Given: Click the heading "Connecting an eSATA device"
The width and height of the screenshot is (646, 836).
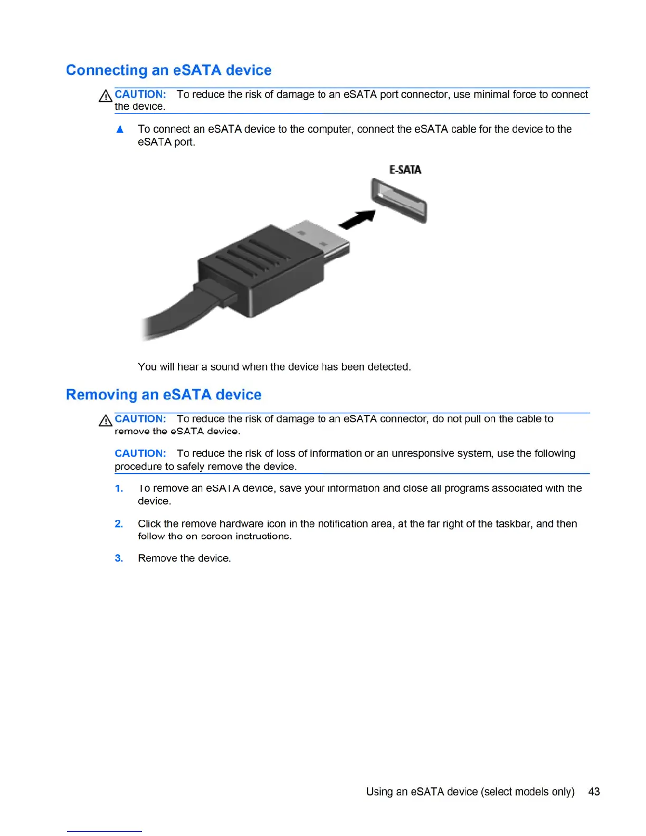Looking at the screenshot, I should click(168, 70).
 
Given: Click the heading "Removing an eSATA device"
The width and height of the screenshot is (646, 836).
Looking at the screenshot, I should click(164, 395).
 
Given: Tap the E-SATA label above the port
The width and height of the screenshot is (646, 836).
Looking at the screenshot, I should click(405, 170).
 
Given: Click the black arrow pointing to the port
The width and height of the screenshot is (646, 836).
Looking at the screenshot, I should click(358, 219).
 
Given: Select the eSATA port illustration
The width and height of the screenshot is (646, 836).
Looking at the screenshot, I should click(399, 201).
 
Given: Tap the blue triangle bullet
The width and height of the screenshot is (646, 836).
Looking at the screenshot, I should click(120, 129).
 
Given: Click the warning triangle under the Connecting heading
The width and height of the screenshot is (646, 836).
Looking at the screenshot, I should click(106, 96).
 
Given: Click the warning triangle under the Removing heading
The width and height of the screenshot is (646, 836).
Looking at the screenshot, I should click(106, 421).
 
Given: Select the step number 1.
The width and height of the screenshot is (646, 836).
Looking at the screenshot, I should click(119, 489).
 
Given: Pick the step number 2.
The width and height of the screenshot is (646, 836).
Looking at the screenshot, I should click(119, 524).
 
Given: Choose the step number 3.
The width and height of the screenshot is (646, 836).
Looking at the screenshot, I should click(119, 558).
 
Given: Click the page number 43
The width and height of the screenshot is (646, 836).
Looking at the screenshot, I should click(594, 792).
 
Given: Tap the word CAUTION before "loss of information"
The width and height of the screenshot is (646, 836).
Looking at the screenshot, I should click(140, 453).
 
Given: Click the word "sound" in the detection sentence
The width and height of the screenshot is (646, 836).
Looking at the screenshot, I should click(224, 367).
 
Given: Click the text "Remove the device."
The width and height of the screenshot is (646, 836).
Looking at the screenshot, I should click(184, 558).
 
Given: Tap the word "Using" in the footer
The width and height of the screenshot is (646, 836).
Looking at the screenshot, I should click(379, 792).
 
